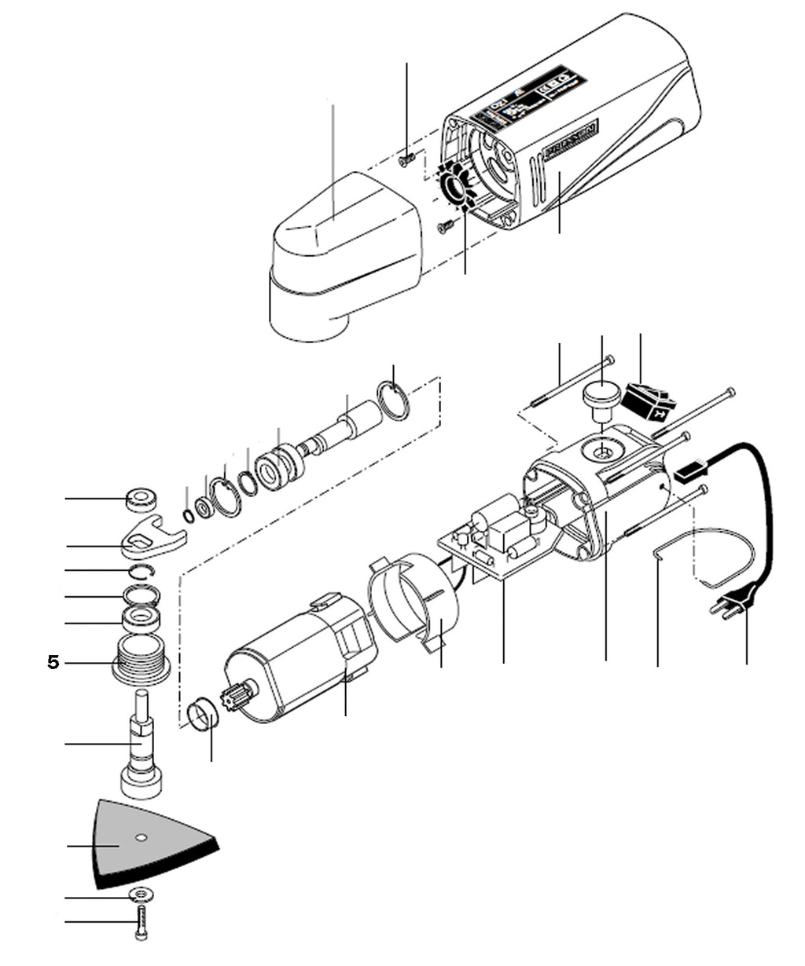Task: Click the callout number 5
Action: click(x=53, y=663)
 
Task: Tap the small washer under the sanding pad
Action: click(x=142, y=895)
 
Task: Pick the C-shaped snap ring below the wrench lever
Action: click(x=143, y=571)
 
